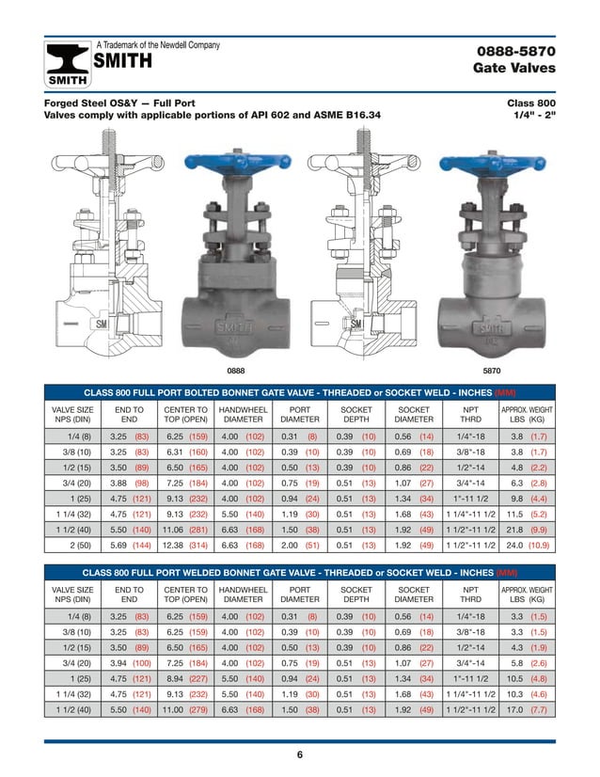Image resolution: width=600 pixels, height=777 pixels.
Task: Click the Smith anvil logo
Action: tap(68, 64)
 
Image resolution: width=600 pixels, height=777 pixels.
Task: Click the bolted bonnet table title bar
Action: tap(300, 391)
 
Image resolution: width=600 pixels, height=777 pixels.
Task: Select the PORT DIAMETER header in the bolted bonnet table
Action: tap(300, 415)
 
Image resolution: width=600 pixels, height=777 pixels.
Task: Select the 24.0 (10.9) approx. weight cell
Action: tap(527, 544)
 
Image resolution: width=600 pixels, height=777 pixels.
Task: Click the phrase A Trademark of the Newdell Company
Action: tap(159, 45)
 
